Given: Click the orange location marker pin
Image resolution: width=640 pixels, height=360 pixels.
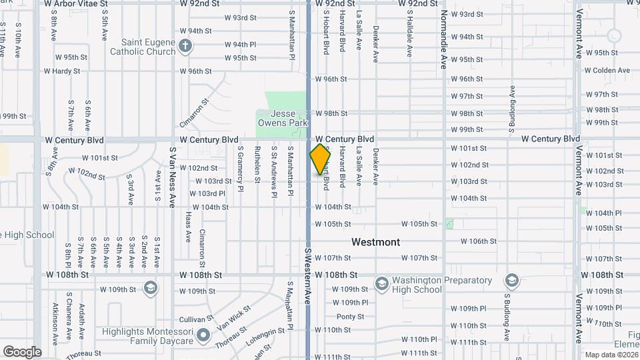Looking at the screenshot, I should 321,159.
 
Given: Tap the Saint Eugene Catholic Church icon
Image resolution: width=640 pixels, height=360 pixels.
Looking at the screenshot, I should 186,47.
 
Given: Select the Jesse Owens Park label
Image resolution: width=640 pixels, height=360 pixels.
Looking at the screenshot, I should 283,118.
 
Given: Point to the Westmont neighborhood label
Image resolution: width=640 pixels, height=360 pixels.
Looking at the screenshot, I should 376,242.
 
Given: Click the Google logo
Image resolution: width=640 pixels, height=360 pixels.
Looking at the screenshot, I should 22,352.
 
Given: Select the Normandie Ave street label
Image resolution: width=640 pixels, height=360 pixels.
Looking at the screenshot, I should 443,40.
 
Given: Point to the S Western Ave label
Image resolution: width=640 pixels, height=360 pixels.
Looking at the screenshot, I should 308,273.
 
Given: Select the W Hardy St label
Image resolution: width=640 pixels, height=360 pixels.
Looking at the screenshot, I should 62,71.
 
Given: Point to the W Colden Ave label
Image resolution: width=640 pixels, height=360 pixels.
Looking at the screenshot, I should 607,70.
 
